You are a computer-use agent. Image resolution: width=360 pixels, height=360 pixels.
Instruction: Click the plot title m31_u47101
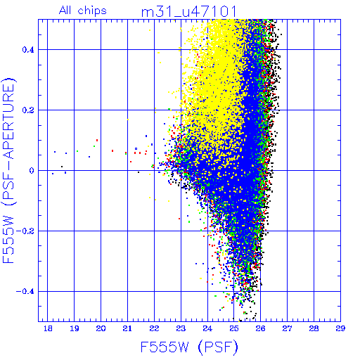click(x=189, y=12)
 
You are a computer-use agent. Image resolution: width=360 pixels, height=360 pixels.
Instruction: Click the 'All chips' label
click(x=83, y=11)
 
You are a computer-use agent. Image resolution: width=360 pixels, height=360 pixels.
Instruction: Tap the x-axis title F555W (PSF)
click(x=189, y=347)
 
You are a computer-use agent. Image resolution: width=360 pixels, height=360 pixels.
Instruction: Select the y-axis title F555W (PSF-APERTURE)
click(x=8, y=170)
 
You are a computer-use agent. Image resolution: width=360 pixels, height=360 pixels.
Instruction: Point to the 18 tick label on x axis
click(x=48, y=328)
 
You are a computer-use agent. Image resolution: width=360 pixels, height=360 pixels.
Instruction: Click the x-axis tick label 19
click(x=75, y=328)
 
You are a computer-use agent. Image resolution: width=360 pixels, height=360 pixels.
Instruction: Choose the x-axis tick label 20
click(x=101, y=328)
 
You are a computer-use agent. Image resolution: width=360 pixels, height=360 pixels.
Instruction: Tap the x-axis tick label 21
click(x=127, y=328)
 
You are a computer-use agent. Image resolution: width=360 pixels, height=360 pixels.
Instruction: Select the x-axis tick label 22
click(x=154, y=328)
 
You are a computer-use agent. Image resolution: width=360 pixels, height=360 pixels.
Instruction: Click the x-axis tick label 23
click(x=181, y=328)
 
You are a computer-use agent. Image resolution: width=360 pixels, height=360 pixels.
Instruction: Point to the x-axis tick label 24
click(x=207, y=328)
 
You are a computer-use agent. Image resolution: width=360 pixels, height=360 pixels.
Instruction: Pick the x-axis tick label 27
click(x=287, y=328)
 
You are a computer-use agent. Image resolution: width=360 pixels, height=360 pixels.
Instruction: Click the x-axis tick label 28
click(x=314, y=328)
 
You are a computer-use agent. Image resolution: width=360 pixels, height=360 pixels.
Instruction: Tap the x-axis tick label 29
click(x=340, y=328)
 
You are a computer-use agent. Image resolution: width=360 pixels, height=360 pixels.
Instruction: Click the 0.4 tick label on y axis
click(x=28, y=50)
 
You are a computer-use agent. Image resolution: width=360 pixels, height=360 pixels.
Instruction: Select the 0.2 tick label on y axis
click(x=28, y=110)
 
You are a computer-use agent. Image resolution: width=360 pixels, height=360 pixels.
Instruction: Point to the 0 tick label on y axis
click(x=32, y=171)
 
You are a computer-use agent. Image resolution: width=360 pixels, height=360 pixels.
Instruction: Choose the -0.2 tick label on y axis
click(x=25, y=231)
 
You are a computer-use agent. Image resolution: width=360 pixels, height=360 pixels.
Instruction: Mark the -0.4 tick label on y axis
click(x=25, y=292)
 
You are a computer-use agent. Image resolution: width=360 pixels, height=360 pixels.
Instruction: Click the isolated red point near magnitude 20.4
click(x=112, y=150)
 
